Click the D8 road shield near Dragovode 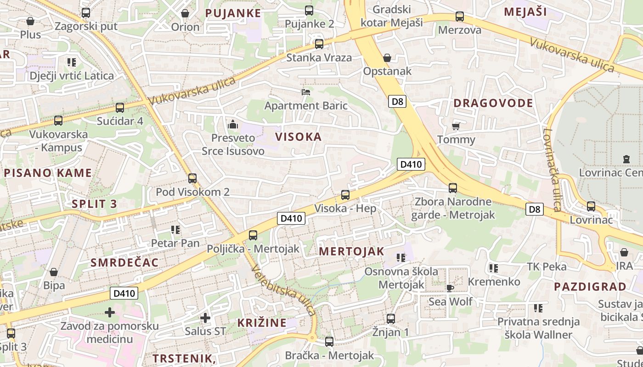click(x=397, y=101)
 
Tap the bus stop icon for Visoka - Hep click(x=345, y=195)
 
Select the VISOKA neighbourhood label click(x=298, y=137)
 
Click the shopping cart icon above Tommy click(x=456, y=126)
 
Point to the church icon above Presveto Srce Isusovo click(x=233, y=124)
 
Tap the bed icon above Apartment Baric click(x=306, y=92)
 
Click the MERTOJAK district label click(x=351, y=251)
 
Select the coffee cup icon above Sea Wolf click(x=450, y=288)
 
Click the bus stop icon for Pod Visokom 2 click(x=192, y=178)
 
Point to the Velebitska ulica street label click(x=284, y=291)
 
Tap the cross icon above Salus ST click(x=205, y=317)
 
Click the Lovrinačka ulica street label click(x=550, y=170)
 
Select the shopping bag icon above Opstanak click(x=387, y=58)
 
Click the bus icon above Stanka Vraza click(x=319, y=44)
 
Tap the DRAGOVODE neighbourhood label click(x=493, y=103)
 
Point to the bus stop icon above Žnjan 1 click(x=391, y=318)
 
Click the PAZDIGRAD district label click(x=590, y=287)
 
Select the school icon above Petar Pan click(x=175, y=229)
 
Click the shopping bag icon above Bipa click(x=54, y=272)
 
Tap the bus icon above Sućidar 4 click(x=120, y=108)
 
